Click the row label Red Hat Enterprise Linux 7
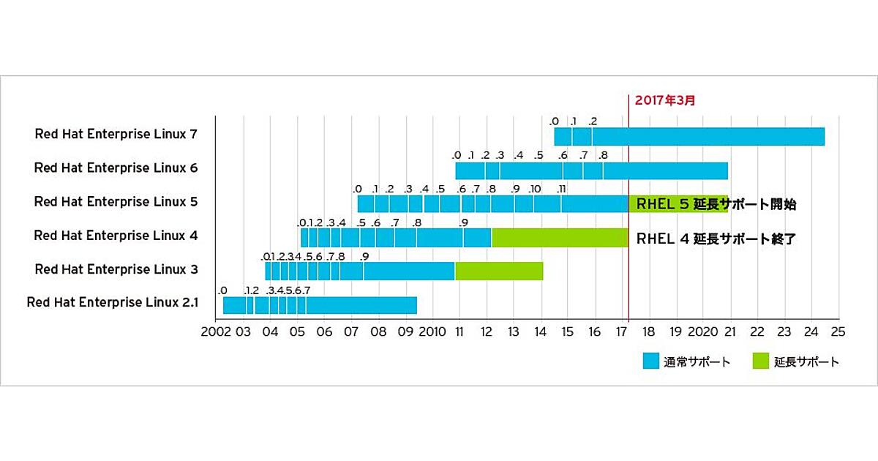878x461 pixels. (116, 135)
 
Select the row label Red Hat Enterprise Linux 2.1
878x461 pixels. (112, 303)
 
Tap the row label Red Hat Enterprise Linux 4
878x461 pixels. (116, 236)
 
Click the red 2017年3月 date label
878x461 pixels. (664, 100)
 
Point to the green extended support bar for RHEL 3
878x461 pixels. (499, 271)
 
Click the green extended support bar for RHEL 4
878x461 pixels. (560, 237)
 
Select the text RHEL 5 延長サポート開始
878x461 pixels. (716, 204)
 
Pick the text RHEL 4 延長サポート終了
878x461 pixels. (716, 238)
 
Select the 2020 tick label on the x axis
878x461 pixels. (703, 331)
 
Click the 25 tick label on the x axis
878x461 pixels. (838, 331)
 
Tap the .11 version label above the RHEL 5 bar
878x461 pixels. (561, 189)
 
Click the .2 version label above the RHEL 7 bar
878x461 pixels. (593, 121)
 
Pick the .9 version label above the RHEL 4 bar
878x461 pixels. (463, 222)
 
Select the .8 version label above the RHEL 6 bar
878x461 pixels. (603, 155)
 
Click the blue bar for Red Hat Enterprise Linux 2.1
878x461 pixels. (320, 305)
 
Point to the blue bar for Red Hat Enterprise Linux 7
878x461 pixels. (689, 137)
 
